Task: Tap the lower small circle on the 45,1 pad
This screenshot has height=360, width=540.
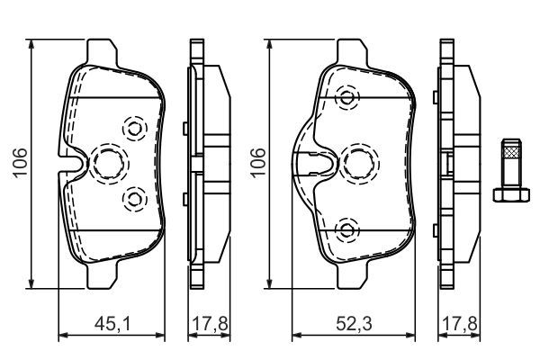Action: [x=134, y=196]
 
